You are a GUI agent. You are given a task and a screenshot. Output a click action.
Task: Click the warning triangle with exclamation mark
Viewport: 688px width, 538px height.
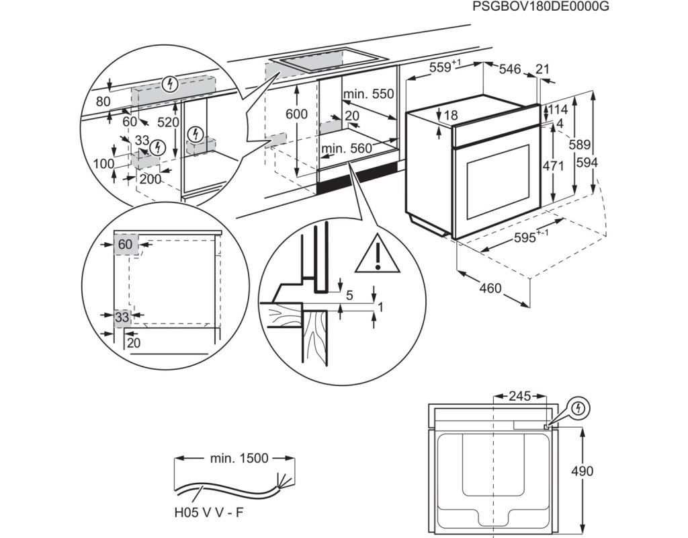click(378, 256)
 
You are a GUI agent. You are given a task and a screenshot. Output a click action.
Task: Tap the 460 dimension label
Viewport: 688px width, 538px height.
click(491, 288)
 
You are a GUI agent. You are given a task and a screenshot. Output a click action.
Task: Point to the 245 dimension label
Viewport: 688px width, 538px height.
click(519, 396)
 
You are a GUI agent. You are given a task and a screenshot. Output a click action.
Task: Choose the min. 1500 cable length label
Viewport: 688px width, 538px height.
click(239, 459)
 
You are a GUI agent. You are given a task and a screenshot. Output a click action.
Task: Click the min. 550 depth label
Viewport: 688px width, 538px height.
click(368, 94)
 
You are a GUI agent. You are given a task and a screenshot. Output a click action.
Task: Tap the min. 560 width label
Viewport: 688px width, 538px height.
click(347, 148)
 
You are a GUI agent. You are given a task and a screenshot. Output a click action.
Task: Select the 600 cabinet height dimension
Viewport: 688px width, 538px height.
click(296, 114)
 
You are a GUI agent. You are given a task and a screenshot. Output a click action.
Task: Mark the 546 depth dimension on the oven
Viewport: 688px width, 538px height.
click(511, 69)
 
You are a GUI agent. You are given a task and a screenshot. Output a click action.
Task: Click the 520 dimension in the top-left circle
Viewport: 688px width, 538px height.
click(169, 122)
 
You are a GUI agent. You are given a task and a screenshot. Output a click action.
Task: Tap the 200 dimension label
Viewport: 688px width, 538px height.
click(150, 178)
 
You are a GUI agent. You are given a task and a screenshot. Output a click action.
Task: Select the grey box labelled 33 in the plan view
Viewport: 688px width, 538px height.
click(122, 317)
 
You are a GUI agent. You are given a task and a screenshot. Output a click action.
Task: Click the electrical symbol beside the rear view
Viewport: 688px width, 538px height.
click(578, 408)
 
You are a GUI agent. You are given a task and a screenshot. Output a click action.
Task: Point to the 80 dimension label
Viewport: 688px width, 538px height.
click(103, 102)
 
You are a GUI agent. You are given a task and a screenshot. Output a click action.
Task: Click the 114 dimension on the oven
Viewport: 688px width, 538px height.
click(559, 110)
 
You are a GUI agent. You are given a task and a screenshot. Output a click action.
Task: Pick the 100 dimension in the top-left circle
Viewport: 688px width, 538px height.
click(103, 163)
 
